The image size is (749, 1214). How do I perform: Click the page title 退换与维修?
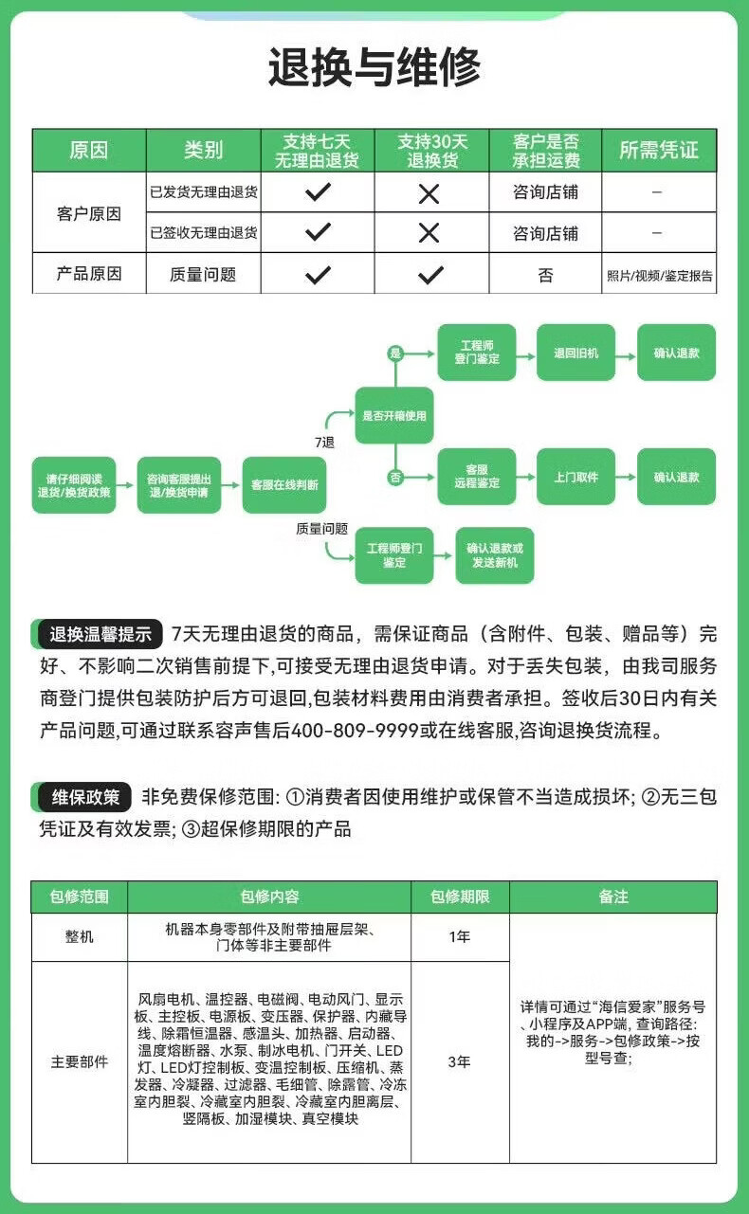click(374, 67)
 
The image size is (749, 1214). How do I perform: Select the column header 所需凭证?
click(658, 150)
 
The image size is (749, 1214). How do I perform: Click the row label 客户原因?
click(89, 213)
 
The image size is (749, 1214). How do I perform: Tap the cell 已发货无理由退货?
click(204, 192)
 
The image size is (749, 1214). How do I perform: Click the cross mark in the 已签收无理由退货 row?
click(429, 233)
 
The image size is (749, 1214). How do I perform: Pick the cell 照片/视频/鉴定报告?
click(659, 276)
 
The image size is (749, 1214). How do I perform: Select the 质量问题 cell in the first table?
click(203, 275)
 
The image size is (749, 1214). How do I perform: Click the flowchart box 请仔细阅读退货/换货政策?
click(74, 485)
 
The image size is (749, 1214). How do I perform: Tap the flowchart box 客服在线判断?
click(284, 485)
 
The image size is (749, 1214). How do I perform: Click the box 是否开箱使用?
click(394, 415)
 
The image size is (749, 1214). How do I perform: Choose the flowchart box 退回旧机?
click(575, 353)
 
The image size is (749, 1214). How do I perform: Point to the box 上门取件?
click(575, 477)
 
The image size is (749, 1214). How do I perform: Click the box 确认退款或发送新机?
click(494, 555)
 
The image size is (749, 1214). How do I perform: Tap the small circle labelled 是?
click(395, 353)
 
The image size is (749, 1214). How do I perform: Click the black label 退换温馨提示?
click(100, 634)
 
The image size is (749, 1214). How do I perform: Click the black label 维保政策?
click(85, 797)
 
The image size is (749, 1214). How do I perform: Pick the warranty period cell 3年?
click(460, 1061)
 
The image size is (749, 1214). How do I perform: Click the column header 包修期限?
click(460, 897)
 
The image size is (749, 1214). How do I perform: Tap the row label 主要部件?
click(80, 1061)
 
